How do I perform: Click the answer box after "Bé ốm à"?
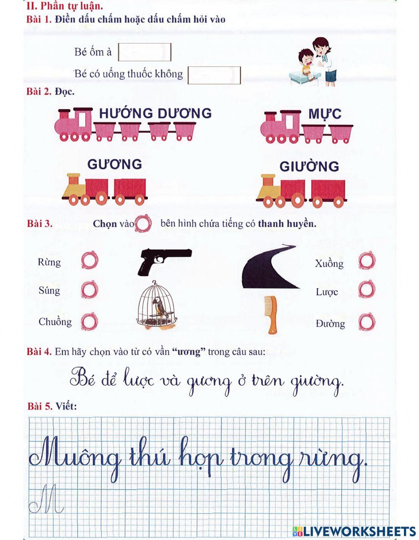(145, 52)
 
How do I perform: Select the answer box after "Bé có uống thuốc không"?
(214, 75)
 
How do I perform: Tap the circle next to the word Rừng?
(89, 260)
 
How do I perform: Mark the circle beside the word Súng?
(89, 289)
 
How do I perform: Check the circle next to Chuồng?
(89, 322)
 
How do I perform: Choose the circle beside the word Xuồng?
(367, 261)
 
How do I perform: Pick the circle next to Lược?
(367, 290)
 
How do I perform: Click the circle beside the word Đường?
(367, 322)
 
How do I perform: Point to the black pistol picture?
(164, 260)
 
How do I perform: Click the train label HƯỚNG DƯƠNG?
(155, 113)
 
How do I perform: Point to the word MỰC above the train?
(325, 114)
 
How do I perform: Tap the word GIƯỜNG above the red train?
(309, 166)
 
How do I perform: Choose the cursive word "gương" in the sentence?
(208, 382)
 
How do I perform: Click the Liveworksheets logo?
(354, 531)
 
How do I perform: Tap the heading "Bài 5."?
(40, 406)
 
